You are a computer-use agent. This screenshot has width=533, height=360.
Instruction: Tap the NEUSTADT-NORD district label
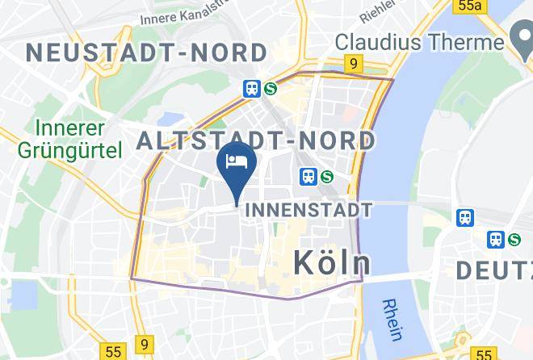click(x=146, y=53)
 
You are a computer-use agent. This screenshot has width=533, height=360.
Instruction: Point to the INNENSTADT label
click(x=308, y=210)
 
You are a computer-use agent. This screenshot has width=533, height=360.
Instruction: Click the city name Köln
click(x=332, y=262)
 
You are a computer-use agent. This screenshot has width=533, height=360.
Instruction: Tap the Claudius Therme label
click(x=419, y=41)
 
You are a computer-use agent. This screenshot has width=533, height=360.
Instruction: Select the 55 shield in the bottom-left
click(x=113, y=352)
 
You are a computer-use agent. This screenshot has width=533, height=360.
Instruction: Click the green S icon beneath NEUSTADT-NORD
click(x=270, y=89)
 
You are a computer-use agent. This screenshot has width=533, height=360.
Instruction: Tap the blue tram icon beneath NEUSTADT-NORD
click(x=252, y=89)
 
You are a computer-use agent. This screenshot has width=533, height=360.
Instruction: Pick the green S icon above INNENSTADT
click(x=327, y=175)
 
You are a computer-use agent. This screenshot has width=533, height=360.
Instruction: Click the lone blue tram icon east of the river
click(x=465, y=217)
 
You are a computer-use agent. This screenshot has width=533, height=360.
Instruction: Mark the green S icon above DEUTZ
click(x=514, y=240)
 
